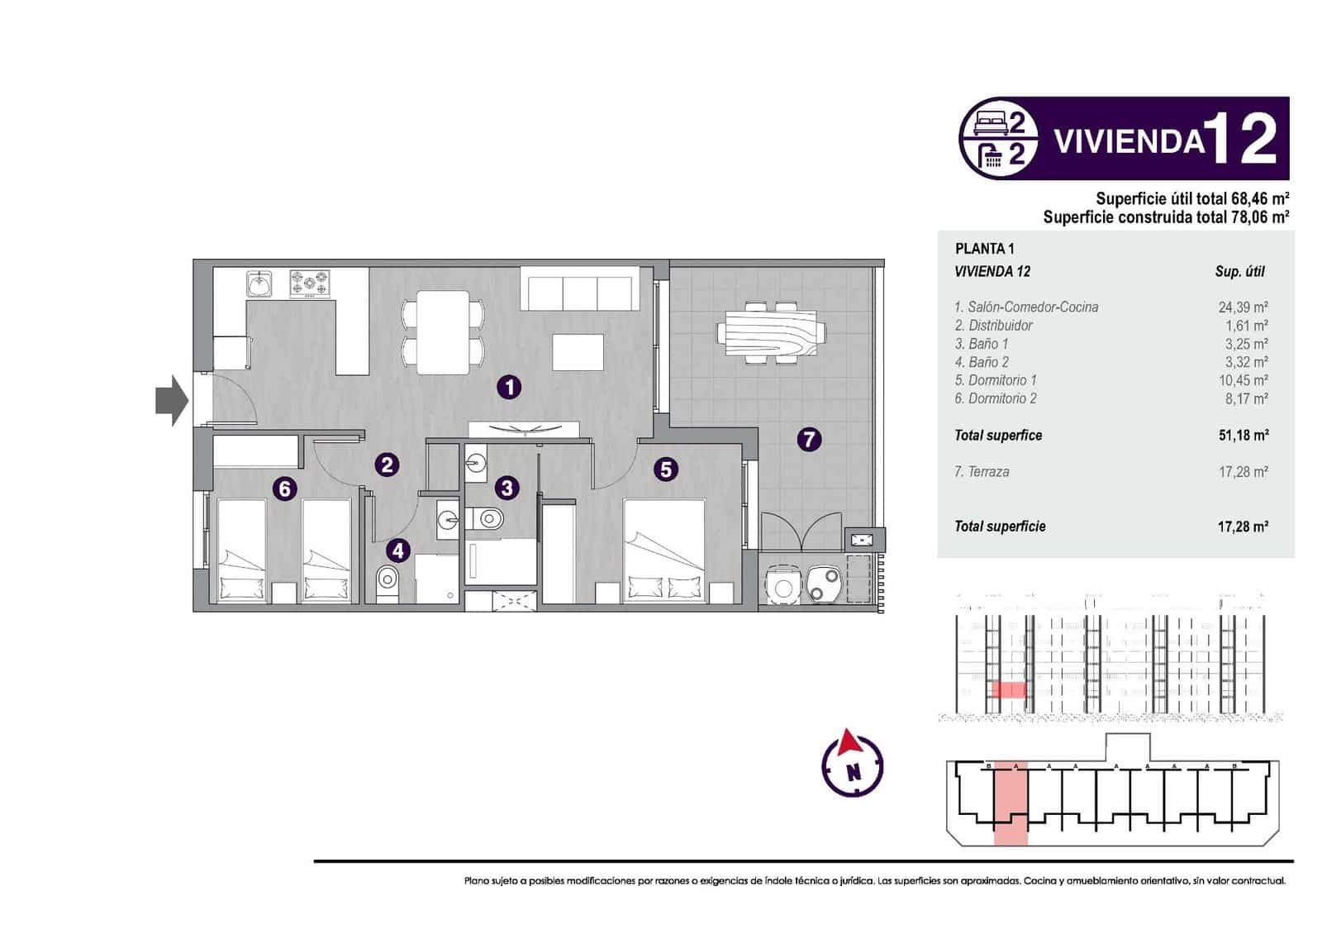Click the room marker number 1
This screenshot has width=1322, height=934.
coord(509,387)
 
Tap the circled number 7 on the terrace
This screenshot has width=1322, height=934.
coord(809,439)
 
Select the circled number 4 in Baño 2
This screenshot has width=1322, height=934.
coord(398,550)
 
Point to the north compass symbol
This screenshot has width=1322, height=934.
coord(853,765)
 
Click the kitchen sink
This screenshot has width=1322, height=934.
coord(260,284)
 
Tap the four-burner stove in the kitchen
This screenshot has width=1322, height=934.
coord(309,284)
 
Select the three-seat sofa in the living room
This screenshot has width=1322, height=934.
coord(579,291)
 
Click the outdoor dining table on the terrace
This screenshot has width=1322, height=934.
coord(771,332)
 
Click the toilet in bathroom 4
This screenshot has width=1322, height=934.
coord(387,584)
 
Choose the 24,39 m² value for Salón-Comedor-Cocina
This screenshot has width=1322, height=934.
coord(1243,307)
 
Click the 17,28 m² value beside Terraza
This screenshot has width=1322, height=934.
coord(1243,472)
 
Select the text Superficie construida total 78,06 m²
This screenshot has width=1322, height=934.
coord(1165,217)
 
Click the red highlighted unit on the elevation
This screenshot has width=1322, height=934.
coord(1008,690)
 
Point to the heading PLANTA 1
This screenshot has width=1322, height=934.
coord(984,249)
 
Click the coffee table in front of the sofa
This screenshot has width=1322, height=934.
coord(578,351)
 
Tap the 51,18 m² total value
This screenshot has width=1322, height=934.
coord(1243,436)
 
